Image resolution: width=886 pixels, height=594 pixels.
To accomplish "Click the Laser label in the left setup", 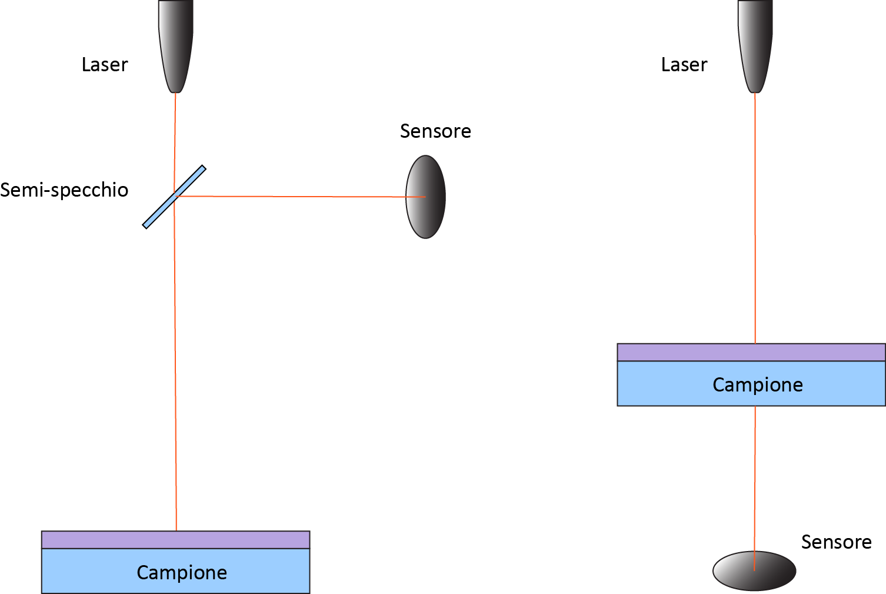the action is tap(105, 65).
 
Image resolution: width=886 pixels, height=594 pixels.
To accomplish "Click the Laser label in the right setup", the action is tap(684, 65).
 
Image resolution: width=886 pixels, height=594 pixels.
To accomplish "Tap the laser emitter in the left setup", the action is tap(176, 46).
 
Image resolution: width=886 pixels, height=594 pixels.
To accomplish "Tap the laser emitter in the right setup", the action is tap(755, 46).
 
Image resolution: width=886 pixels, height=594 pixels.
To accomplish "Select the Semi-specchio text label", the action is tap(64, 190).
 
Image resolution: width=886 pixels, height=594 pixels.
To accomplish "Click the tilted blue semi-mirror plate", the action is tap(174, 197).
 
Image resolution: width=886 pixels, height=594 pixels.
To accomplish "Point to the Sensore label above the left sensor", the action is tap(435, 131).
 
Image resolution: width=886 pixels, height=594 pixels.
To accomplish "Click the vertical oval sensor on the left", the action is tap(425, 197).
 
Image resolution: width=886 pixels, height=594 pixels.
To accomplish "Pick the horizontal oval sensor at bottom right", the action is tap(754, 570).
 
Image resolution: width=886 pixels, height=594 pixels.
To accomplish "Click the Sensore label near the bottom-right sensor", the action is tap(837, 542).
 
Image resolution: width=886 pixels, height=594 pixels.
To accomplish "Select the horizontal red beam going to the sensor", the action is tap(301, 196).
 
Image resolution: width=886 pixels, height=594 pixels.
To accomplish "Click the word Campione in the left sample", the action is tap(182, 572).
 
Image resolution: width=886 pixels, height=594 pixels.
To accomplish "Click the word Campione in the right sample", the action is tap(758, 384).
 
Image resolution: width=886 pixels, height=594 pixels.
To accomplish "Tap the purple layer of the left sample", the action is tap(176, 540).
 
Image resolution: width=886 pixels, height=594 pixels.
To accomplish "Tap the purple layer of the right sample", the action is tap(751, 352).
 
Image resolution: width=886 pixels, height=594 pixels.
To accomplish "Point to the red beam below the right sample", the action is tap(755, 488).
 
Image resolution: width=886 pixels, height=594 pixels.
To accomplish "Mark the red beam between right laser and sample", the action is tap(755, 218).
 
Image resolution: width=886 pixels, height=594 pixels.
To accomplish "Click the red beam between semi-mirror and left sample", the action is tap(175, 364).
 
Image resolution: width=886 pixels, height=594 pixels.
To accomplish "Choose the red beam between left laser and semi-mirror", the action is tap(175, 144).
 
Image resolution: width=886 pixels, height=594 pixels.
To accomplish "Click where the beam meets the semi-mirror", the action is tap(175, 196).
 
